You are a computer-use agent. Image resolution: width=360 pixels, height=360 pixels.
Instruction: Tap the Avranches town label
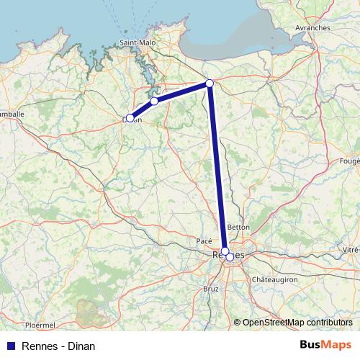click(x=312, y=27)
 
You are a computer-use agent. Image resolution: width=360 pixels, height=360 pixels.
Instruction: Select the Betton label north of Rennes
click(x=238, y=227)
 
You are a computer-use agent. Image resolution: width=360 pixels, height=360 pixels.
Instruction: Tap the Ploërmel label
click(x=40, y=325)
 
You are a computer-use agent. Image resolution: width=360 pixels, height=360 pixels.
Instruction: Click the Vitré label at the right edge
click(x=351, y=248)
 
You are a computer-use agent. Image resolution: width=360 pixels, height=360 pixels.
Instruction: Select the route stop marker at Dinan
click(x=130, y=118)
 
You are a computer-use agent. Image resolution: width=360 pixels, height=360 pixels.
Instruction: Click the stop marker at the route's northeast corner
click(x=210, y=84)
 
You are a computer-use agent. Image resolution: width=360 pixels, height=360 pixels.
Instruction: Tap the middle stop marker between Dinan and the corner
click(x=154, y=102)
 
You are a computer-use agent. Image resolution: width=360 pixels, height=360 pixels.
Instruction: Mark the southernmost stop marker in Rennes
click(x=230, y=257)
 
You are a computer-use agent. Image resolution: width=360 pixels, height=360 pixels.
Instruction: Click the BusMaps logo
click(x=325, y=346)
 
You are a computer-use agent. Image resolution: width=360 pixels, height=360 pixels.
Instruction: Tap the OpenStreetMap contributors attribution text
click(x=297, y=323)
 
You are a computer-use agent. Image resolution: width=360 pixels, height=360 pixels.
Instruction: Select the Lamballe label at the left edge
click(x=12, y=114)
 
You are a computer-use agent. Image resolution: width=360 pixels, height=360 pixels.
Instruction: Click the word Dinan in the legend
click(x=81, y=346)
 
